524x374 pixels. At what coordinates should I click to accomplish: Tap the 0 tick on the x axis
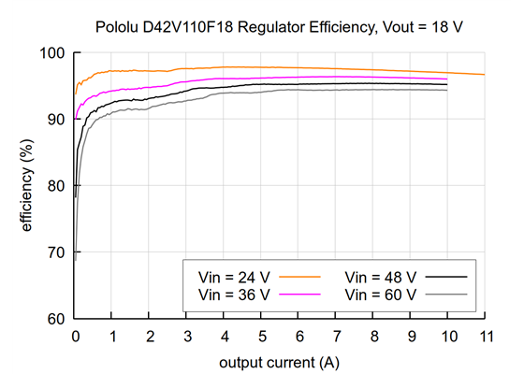click(x=75, y=336)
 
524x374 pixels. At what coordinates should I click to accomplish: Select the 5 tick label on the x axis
click(x=261, y=336)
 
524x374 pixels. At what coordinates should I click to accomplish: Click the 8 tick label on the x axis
click(x=372, y=336)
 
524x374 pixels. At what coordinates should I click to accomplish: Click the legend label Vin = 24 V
click(x=235, y=278)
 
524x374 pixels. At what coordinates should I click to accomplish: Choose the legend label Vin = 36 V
click(x=235, y=294)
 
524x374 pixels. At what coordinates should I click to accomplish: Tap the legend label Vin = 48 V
click(x=381, y=278)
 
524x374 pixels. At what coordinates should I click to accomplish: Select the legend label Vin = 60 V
click(x=381, y=294)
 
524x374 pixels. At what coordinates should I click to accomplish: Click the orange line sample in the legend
click(x=300, y=278)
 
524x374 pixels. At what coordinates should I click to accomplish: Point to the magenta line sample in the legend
click(x=300, y=294)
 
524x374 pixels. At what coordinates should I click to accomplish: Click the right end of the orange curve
click(x=484, y=75)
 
